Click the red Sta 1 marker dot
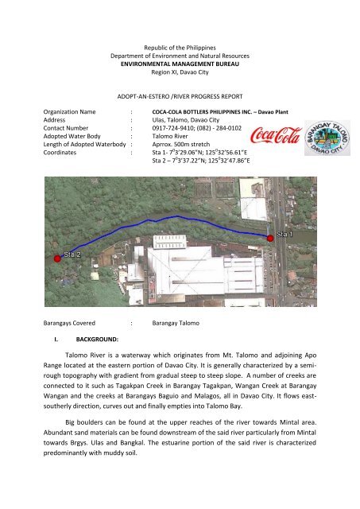coord(270,236)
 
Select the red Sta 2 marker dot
coord(57,258)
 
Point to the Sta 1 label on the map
coord(285,236)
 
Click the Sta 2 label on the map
coord(73,255)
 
